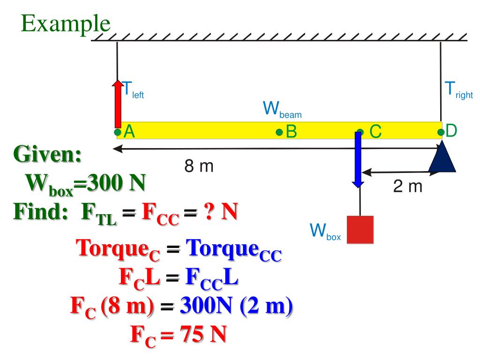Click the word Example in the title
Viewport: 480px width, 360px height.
66,23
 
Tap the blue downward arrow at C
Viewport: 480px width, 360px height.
358,159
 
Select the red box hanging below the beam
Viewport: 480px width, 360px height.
360,229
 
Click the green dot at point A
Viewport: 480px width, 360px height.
117,132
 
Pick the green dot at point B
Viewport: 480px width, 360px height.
279,133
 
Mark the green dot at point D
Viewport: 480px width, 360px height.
441,132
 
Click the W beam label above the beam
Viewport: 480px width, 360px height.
282,110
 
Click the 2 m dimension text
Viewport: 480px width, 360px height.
407,187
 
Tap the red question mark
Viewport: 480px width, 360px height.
207,213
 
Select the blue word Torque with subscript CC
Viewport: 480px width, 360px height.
234,249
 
